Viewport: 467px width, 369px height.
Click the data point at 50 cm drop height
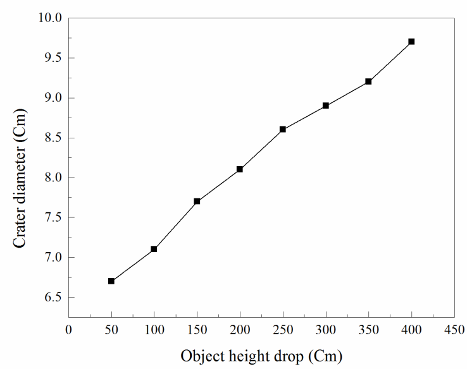pos(111,281)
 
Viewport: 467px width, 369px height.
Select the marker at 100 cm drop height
pos(154,249)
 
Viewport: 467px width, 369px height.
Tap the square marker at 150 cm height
pos(197,201)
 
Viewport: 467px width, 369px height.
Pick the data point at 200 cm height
pos(240,169)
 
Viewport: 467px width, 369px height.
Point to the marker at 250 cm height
pos(283,129)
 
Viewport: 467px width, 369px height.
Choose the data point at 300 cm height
pos(326,106)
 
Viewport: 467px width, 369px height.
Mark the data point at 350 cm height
pos(368,82)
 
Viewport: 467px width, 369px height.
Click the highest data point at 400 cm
pos(411,42)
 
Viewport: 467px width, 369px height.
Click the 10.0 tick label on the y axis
pos(49,18)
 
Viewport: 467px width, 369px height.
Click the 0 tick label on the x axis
pos(68,329)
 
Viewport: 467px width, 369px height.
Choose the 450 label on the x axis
pos(454,329)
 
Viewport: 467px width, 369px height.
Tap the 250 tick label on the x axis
pos(283,329)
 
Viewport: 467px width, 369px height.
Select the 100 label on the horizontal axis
pos(154,329)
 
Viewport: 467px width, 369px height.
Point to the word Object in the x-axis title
pos(199,356)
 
